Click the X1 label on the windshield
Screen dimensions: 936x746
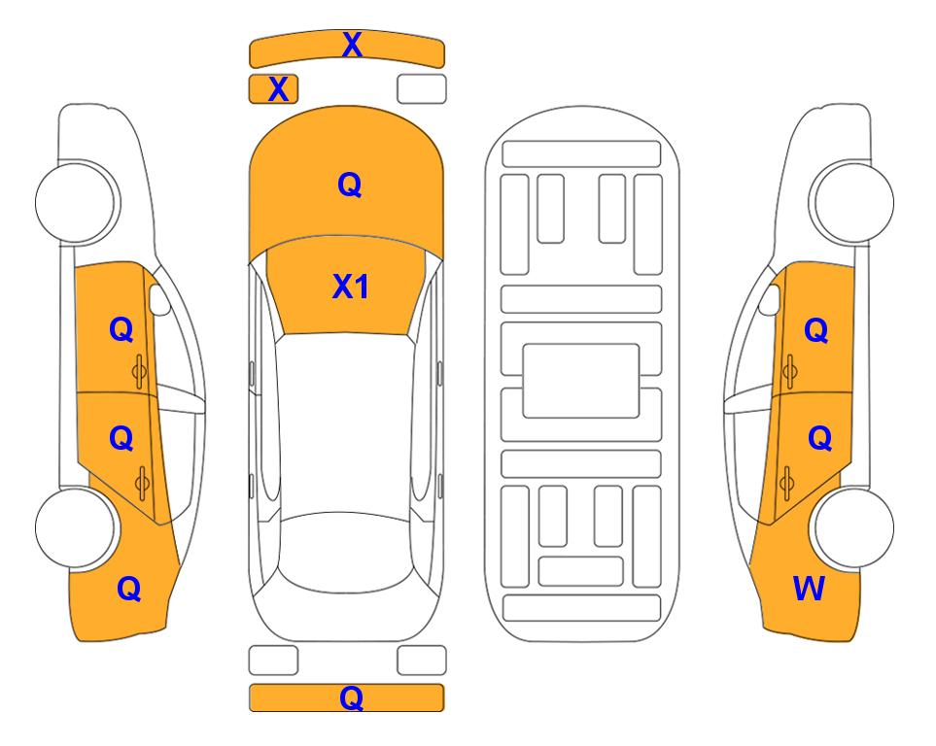(351, 288)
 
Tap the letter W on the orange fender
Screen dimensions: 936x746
(809, 589)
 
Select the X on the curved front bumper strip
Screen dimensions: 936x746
(352, 45)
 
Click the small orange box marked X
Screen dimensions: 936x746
(273, 89)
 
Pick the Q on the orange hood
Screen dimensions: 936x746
(350, 185)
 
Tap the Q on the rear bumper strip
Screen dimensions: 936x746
(352, 697)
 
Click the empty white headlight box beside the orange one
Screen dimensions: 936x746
(422, 89)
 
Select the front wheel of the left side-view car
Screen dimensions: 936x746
(76, 202)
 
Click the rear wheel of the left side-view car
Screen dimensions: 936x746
(76, 527)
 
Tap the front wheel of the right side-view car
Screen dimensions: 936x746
(852, 202)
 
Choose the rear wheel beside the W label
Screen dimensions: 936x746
(852, 527)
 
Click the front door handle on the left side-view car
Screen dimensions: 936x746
(139, 371)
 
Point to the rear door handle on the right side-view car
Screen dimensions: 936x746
(786, 484)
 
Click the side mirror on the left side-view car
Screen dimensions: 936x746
(159, 299)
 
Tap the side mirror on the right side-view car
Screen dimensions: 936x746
(770, 299)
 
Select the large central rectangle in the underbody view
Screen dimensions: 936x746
(581, 381)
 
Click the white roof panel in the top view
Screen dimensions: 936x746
(346, 424)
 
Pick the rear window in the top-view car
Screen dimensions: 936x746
(349, 552)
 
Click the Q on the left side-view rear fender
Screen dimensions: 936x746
(129, 590)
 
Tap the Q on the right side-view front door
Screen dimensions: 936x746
(816, 330)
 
